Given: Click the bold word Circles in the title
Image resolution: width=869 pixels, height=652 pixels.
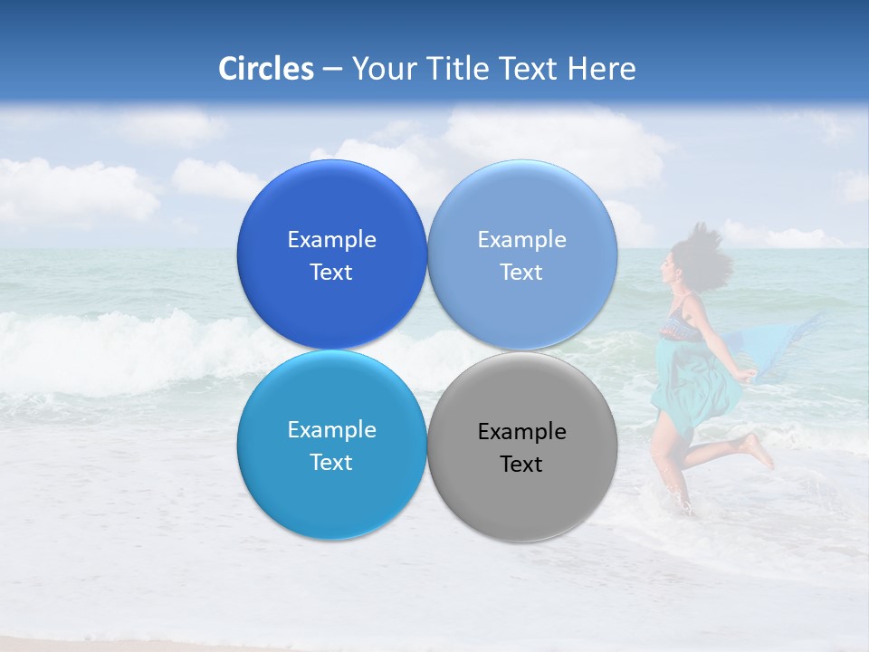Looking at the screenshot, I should coord(266,69).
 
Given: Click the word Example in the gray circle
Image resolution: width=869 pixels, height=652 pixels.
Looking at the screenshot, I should coord(521,432).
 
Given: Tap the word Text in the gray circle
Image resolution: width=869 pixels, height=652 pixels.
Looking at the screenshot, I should coord(521,465).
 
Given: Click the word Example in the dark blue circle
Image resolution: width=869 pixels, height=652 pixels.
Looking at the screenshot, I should coord(331,240).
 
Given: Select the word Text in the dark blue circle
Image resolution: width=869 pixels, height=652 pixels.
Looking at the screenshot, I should coord(331,273).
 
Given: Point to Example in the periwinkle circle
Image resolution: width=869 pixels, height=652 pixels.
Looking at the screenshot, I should coord(521,240).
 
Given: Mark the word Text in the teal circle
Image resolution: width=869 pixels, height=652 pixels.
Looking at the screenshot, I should coord(331,463).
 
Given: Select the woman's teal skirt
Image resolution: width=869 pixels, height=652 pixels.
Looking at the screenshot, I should coord(692,380).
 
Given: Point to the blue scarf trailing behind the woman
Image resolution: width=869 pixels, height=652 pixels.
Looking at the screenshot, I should coord(788,349).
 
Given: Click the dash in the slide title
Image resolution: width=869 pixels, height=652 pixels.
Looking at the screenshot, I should coord(332,69).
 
